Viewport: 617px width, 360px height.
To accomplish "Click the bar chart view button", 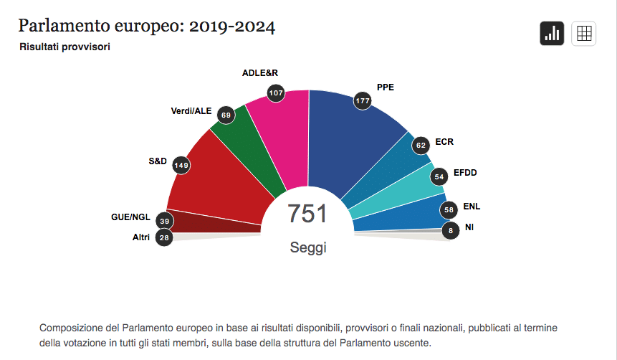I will point(552,34).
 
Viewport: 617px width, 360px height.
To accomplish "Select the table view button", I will point(584,34).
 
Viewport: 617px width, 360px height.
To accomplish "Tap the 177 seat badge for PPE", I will point(363,101).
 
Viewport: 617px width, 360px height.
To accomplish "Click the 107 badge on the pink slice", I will point(276,93).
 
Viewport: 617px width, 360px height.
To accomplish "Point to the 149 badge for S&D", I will point(181,165).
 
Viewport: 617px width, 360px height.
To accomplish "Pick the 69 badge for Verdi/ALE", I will point(226,115).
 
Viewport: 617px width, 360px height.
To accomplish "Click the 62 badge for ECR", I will point(421,146).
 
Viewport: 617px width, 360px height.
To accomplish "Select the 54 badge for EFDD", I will point(439,176).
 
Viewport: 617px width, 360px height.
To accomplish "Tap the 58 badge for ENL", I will point(449,210).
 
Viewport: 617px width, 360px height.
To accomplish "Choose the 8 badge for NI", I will point(450,231).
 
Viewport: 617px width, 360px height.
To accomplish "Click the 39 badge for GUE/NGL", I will point(165,221).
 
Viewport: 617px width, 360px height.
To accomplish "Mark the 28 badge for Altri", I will point(164,237).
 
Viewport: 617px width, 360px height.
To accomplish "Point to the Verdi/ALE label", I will point(191,111).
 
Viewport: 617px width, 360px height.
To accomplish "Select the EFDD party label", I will point(465,173).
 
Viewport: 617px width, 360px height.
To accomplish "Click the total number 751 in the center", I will point(307,214).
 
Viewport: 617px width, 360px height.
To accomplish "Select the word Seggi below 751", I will point(308,247).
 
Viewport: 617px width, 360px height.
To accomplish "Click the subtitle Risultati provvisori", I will point(64,47).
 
